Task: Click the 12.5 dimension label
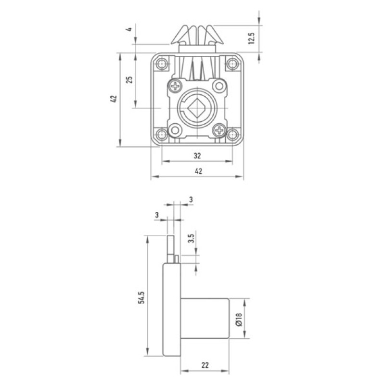252,38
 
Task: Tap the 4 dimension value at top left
129,29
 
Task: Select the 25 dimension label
129,79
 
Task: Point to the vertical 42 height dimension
114,99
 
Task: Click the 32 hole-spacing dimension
197,155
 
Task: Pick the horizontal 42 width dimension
198,171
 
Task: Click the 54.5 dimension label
141,297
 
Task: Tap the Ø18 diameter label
239,319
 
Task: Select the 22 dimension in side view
205,365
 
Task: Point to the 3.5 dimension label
191,238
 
